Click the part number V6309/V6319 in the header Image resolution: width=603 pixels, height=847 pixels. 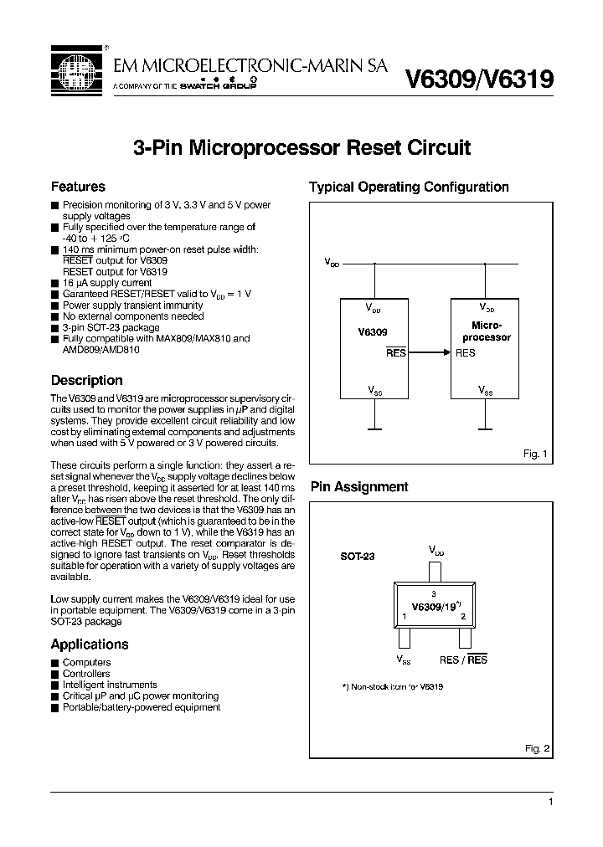pos(478,80)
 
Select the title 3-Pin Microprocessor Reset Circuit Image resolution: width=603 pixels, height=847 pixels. pos(302,148)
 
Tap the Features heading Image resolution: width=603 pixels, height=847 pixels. pos(78,187)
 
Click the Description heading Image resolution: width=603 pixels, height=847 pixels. pos(87,380)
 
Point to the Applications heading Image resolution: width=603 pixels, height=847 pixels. pos(90,644)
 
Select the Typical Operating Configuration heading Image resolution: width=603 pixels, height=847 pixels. pos(409,187)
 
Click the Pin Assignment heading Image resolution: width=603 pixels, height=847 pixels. pos(359,486)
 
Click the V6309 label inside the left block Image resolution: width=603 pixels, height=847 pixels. pos(372,331)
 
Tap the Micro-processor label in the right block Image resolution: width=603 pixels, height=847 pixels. pos(487,331)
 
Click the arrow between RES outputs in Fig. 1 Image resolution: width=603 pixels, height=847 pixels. pos(428,353)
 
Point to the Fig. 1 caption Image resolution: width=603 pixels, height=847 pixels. pos(535,453)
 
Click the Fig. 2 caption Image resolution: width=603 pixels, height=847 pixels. pos(536,747)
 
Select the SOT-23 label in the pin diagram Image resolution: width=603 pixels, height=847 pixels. pos(358,556)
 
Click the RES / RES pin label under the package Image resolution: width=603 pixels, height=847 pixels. pos(463,660)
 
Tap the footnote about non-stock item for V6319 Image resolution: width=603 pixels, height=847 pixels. pos(393,686)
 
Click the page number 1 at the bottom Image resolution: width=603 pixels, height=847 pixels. pos(550,802)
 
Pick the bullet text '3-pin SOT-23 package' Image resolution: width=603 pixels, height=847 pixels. pos(111,328)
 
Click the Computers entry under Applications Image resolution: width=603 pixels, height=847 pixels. pos(86,662)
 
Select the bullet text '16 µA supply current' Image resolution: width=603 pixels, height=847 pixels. pos(107,283)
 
